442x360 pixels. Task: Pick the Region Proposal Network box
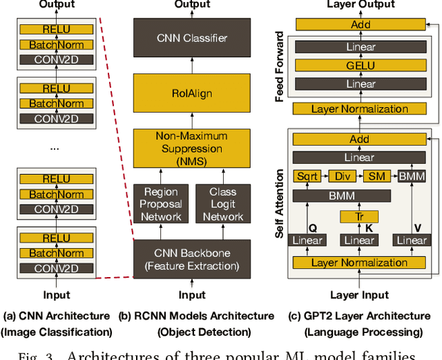[x=161, y=204]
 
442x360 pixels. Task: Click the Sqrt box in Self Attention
[x=307, y=176]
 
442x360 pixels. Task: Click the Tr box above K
[x=359, y=217]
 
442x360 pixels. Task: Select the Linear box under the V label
[x=412, y=240]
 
